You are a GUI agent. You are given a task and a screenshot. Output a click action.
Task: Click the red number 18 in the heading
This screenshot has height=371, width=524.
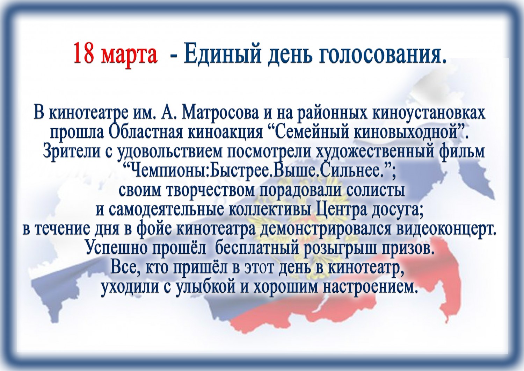(84, 53)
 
